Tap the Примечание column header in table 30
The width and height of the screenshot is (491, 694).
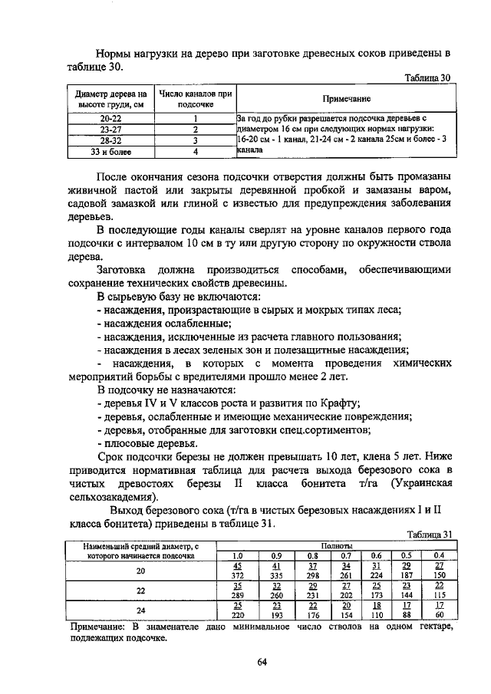(x=346, y=99)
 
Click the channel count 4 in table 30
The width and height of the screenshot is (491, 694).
(x=196, y=152)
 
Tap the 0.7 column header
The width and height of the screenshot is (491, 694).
(x=346, y=555)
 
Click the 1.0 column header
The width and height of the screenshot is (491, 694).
(x=237, y=555)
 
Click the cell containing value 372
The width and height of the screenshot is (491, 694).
(x=237, y=575)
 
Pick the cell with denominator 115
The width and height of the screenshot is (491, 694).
(x=439, y=595)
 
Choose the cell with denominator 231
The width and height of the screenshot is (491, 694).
(x=313, y=595)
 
